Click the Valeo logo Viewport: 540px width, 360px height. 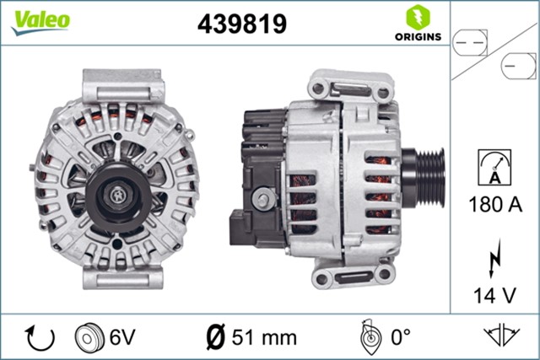40,21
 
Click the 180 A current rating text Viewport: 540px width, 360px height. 494,204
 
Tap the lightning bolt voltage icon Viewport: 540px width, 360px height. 494,255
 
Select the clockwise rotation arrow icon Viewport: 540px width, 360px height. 40,337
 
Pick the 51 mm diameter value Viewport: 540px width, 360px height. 264,337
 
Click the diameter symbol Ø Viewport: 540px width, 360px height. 215,337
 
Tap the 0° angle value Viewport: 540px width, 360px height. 399,337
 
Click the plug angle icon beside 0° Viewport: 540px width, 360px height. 368,337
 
